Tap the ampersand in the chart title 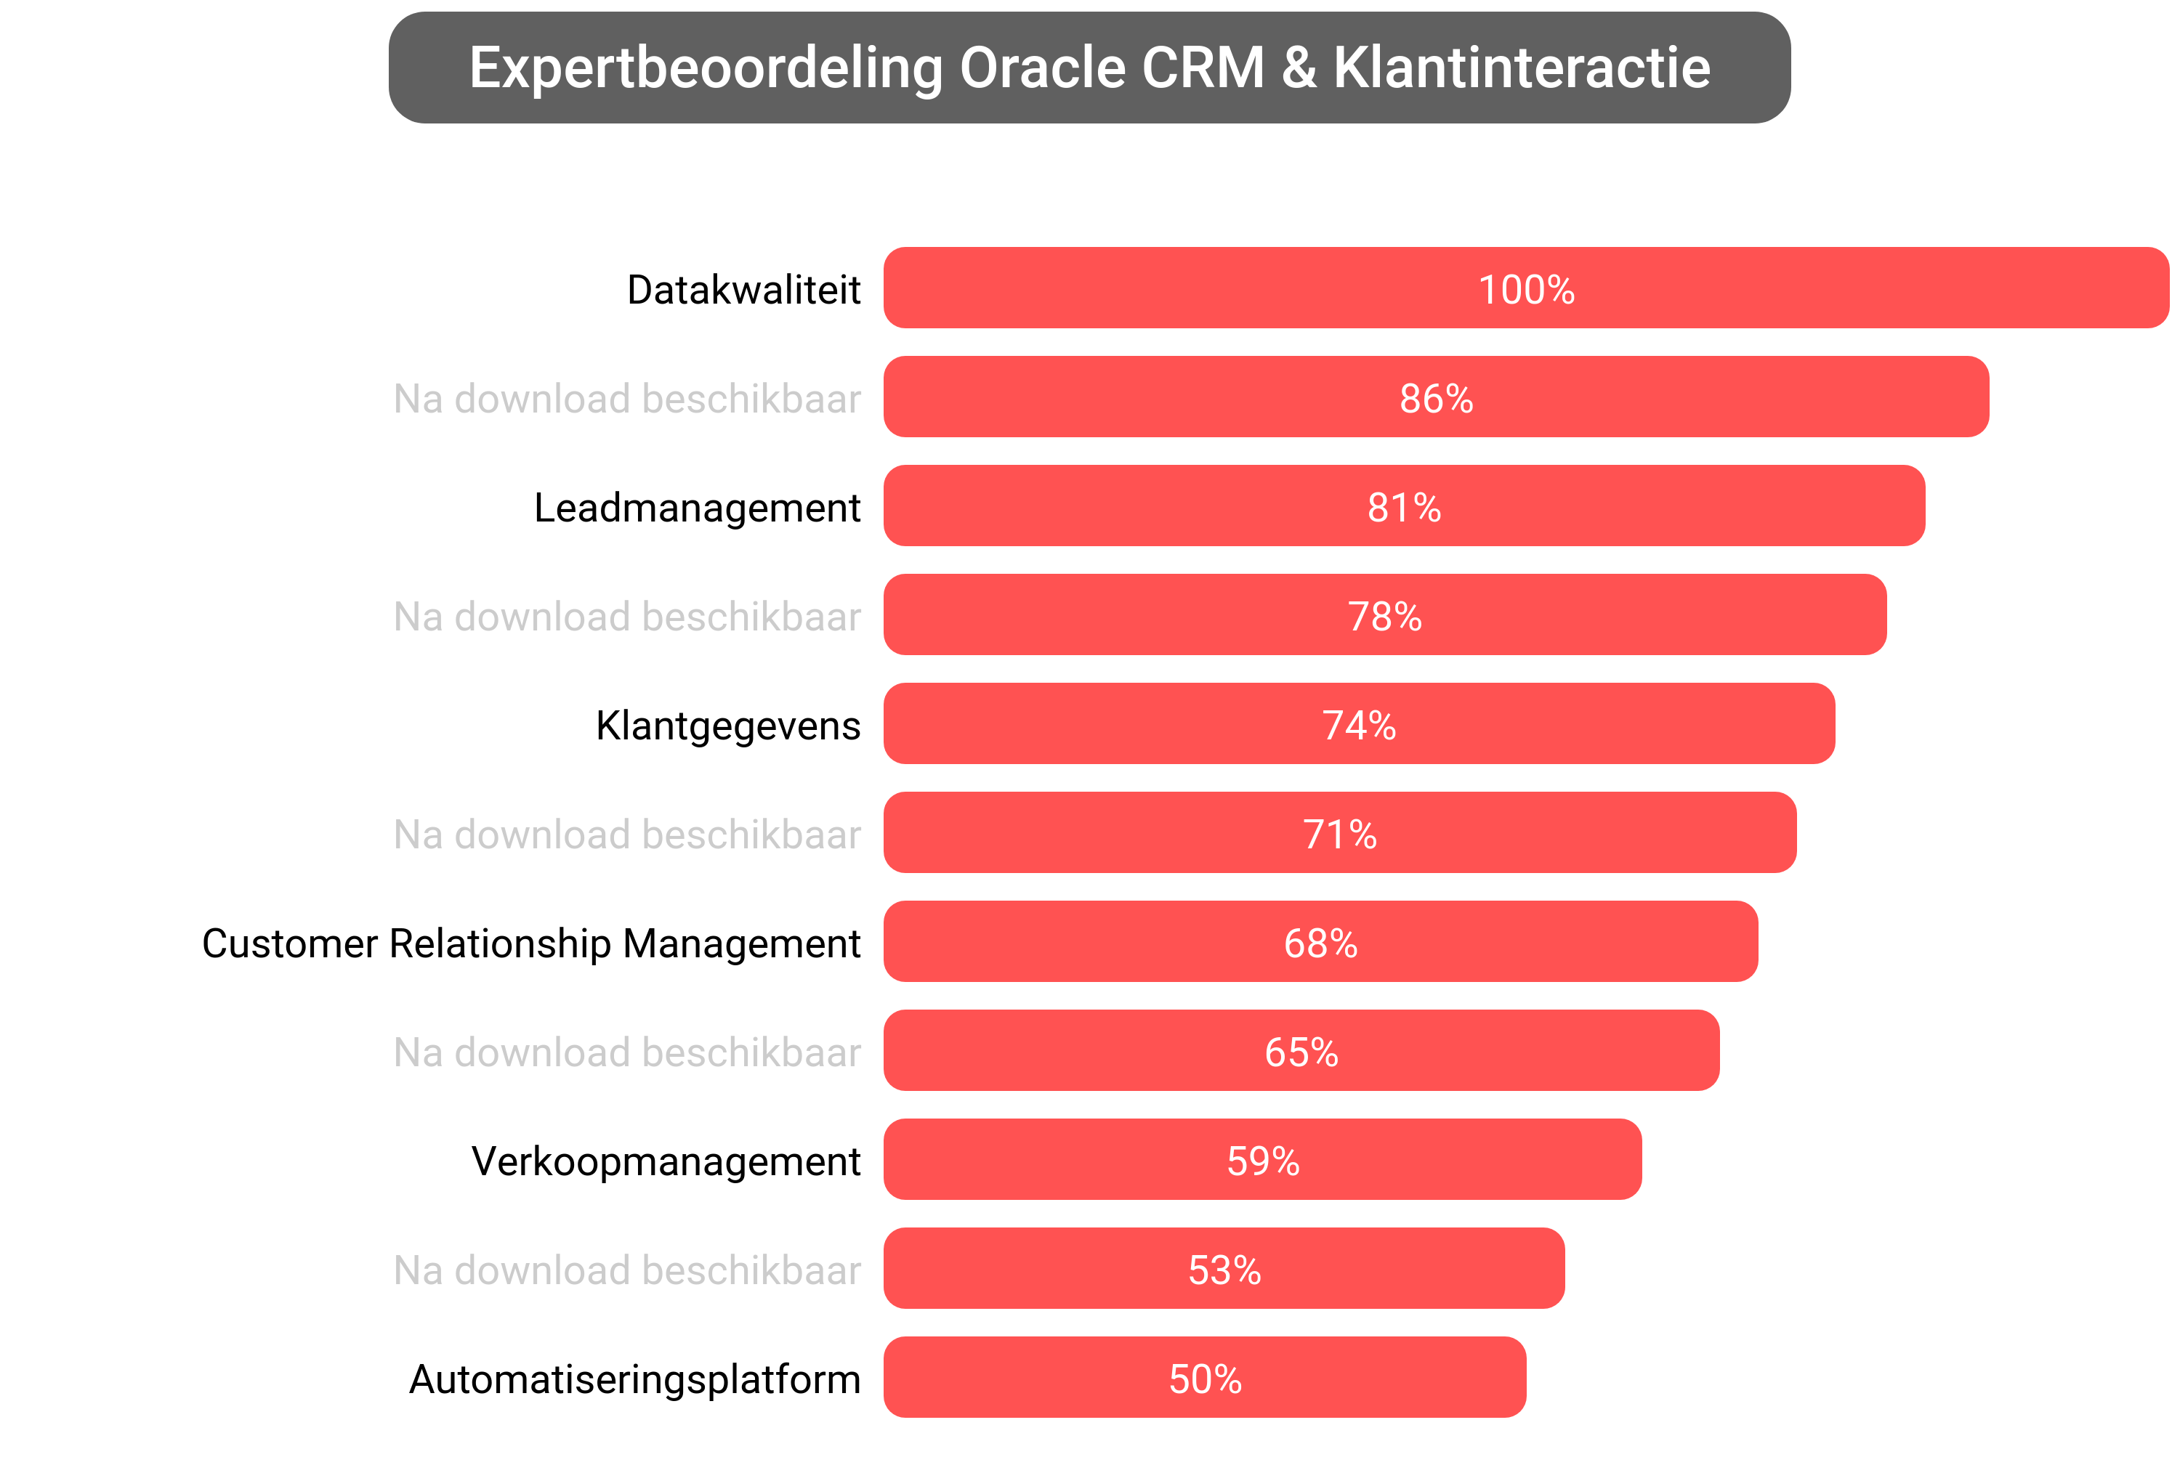pos(1299,68)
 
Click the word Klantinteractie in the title pos(1522,68)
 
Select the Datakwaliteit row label pos(743,290)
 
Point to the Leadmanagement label pos(696,508)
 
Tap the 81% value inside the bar pos(1404,508)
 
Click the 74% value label pos(1358,726)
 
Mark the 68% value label pos(1320,943)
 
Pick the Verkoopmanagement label pos(666,1161)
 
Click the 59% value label pos(1262,1161)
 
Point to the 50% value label pos(1205,1379)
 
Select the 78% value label pos(1384,617)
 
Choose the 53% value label pos(1224,1270)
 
